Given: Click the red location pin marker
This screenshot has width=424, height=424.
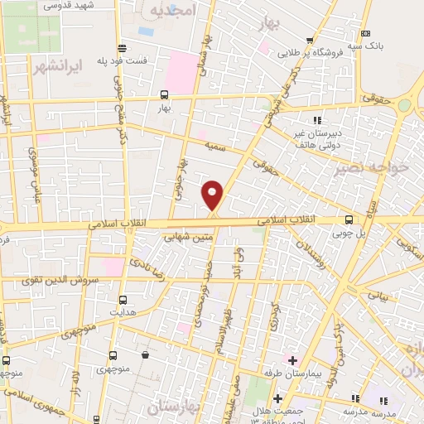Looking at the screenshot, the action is [x=213, y=195].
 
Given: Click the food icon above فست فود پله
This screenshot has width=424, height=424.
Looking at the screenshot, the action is [x=122, y=47].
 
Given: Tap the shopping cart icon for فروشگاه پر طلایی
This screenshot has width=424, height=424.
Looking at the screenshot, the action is [x=310, y=39].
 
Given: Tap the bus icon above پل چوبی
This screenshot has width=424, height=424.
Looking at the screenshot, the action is [x=349, y=219].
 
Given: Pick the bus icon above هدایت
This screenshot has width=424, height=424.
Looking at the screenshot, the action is [x=123, y=300].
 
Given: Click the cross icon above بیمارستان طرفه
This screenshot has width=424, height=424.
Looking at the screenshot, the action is [x=291, y=359].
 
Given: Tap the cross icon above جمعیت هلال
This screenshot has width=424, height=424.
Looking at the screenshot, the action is [x=277, y=398].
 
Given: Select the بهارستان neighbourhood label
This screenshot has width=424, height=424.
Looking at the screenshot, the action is [x=177, y=407].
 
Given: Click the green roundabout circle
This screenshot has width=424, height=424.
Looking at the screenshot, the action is [x=404, y=105].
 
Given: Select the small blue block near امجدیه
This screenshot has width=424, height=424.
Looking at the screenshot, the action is [x=146, y=31].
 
